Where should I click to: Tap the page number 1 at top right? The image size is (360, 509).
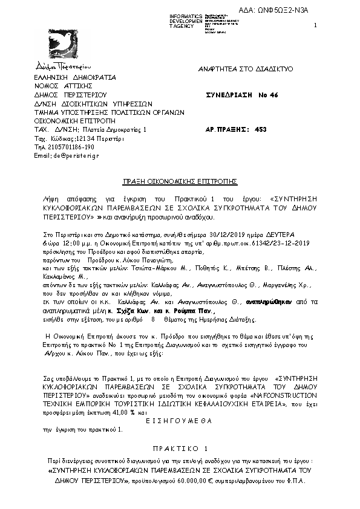(x=316, y=25)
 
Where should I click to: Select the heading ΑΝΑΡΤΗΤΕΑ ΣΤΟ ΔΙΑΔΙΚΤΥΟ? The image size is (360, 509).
(x=246, y=70)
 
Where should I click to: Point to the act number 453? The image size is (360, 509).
(x=261, y=129)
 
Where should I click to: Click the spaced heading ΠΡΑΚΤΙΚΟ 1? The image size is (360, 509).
(x=180, y=449)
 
